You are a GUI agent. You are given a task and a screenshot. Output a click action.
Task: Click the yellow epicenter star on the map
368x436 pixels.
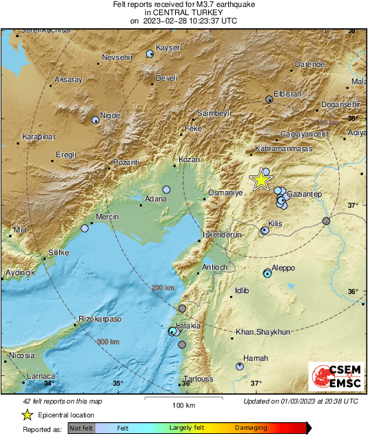tap(261, 179)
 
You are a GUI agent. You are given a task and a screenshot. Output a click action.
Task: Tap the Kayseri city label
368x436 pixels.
tap(170, 47)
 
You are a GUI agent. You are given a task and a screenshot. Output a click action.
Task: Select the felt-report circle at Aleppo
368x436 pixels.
tap(267, 274)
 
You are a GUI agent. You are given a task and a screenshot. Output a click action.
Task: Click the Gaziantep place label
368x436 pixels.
tap(304, 194)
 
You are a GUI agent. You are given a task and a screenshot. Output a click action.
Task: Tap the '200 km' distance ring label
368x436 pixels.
tap(163, 287)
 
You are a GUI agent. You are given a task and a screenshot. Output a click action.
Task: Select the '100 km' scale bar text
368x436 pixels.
tap(183, 404)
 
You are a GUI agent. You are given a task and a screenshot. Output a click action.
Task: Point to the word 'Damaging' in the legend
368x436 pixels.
tap(252, 428)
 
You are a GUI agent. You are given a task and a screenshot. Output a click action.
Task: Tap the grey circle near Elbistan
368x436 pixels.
tap(269, 99)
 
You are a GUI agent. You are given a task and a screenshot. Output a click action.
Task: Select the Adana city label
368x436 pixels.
tap(155, 200)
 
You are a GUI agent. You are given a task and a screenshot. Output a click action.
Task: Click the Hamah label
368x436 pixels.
tap(256, 358)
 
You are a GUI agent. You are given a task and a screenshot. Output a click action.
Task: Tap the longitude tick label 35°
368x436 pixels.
tap(118, 383)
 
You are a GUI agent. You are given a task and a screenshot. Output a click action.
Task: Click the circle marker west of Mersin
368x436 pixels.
tap(85, 228)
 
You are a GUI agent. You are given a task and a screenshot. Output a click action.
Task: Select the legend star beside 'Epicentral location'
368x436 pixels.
tap(27, 415)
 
